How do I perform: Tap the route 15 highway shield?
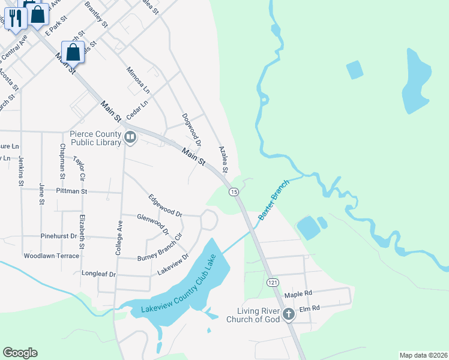234,191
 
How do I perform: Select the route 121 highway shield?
272,282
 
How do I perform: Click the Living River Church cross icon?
288,313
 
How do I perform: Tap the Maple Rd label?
299,295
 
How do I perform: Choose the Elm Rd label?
309,308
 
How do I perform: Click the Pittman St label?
72,191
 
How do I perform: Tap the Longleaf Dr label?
98,274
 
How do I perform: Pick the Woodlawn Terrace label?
51,256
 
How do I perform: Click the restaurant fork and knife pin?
14,17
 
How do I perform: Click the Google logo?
20,353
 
